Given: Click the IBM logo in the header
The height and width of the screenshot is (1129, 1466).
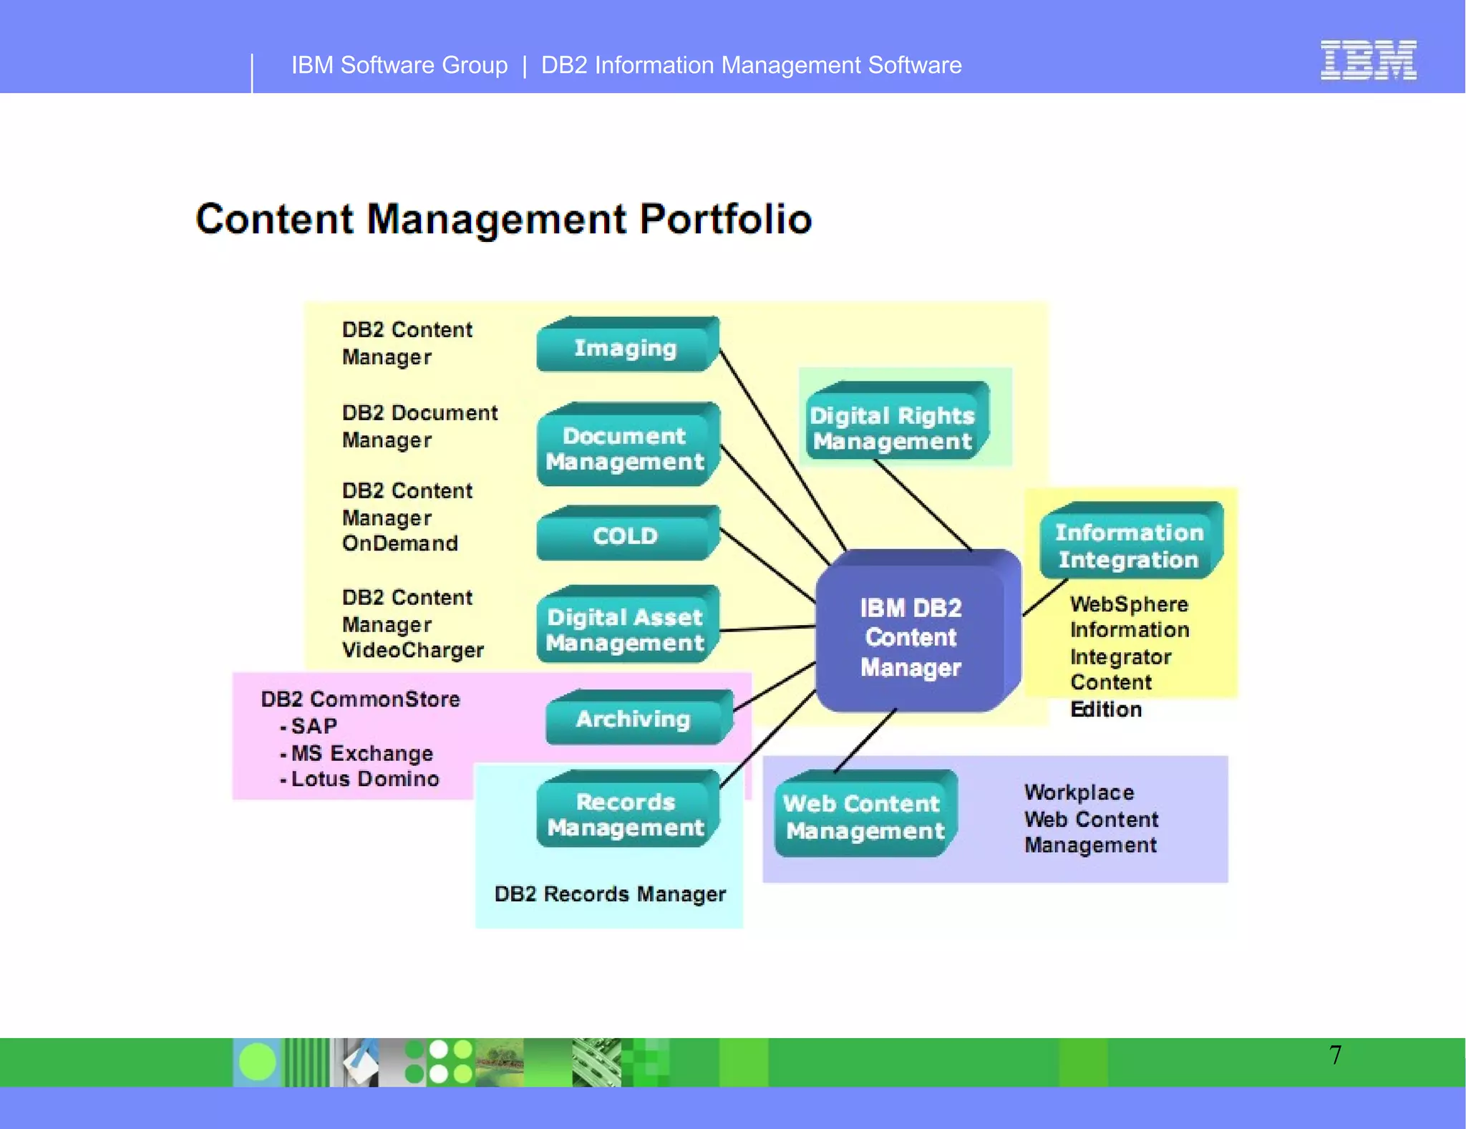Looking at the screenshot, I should pyautogui.click(x=1368, y=60).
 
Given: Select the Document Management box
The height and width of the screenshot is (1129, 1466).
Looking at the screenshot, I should pyautogui.click(x=626, y=448).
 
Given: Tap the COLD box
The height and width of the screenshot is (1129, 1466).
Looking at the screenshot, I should pyautogui.click(x=626, y=536).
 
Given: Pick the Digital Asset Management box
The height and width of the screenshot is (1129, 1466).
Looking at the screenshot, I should pyautogui.click(x=626, y=629).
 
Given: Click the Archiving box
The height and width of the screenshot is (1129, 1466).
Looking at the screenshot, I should pyautogui.click(x=634, y=719).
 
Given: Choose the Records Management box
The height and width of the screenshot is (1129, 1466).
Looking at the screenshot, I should pyautogui.click(x=626, y=814).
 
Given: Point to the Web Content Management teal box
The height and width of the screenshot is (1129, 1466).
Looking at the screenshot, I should pyautogui.click(x=864, y=817).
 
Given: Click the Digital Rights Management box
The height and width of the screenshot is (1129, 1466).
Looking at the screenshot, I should pyautogui.click(x=893, y=427).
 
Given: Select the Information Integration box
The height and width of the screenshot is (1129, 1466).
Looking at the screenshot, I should pyautogui.click(x=1129, y=546).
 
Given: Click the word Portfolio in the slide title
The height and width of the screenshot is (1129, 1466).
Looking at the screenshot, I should pyautogui.click(x=725, y=219).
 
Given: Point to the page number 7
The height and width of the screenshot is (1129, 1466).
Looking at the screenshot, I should pyautogui.click(x=1335, y=1055).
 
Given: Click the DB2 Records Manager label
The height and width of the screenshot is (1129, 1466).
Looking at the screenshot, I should pyautogui.click(x=610, y=894).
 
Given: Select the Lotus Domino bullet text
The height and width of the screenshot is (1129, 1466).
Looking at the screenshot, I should pyautogui.click(x=365, y=779).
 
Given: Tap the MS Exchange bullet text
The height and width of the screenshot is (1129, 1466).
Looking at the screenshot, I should pyautogui.click(x=362, y=753).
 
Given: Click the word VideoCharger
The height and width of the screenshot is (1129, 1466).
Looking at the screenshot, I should pyautogui.click(x=413, y=650).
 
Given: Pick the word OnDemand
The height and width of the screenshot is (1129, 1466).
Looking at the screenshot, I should pyautogui.click(x=400, y=543).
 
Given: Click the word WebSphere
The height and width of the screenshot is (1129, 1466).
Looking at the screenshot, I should pyautogui.click(x=1129, y=604).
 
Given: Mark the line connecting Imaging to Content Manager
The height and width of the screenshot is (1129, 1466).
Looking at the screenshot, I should pyautogui.click(x=782, y=448).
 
